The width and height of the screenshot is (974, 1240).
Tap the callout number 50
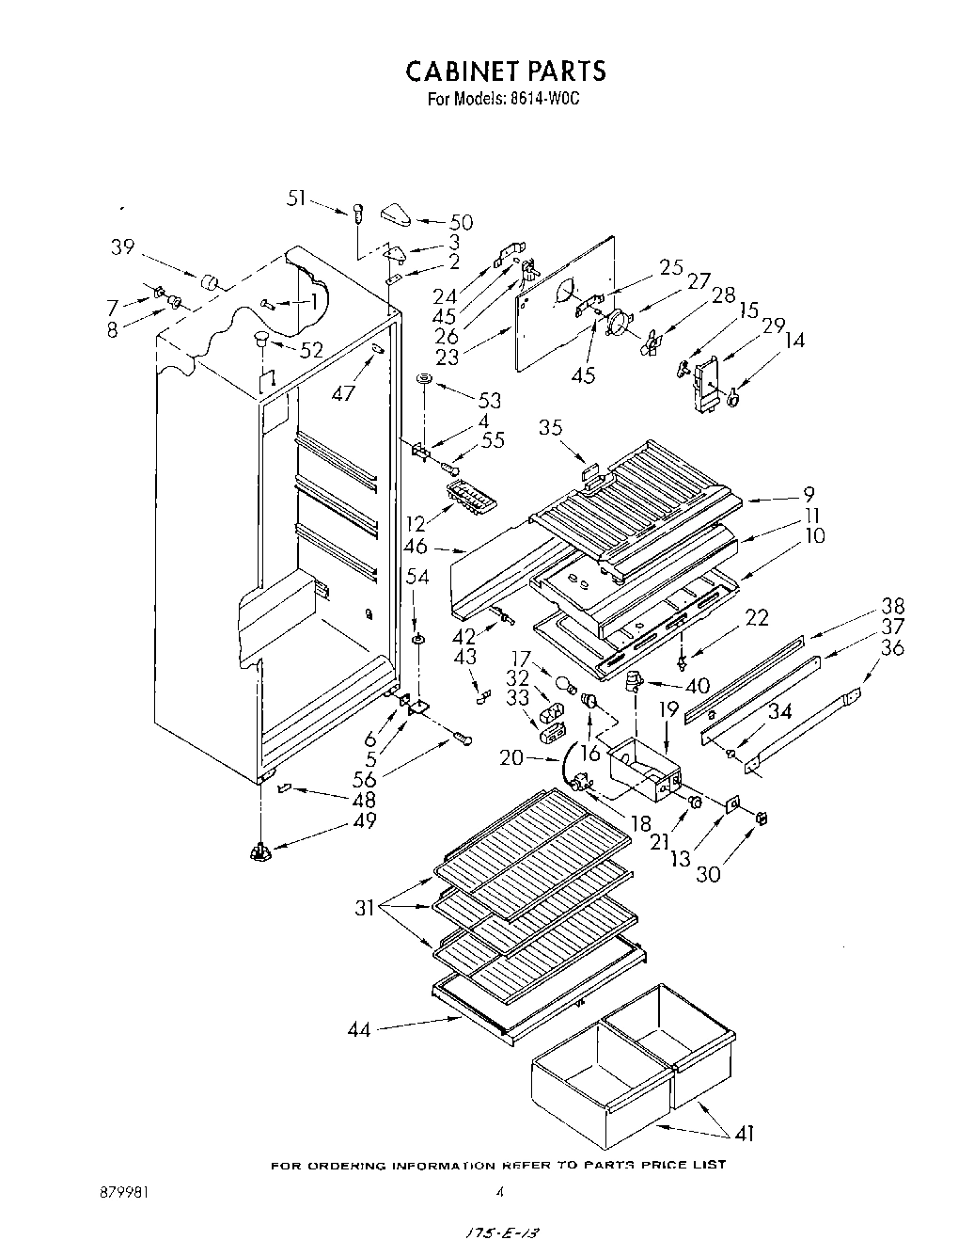pyautogui.click(x=461, y=223)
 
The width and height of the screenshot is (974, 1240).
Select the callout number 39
pyautogui.click(x=122, y=246)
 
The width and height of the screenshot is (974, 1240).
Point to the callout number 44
pyautogui.click(x=358, y=1030)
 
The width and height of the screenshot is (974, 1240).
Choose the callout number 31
pyautogui.click(x=367, y=909)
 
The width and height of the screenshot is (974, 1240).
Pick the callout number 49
pyautogui.click(x=365, y=820)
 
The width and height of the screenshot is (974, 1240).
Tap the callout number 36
pyautogui.click(x=893, y=648)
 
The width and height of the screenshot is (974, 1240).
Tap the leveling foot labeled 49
pyautogui.click(x=259, y=852)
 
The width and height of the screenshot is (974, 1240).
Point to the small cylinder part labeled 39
pyautogui.click(x=209, y=282)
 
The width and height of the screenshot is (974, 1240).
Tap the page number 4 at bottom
pyautogui.click(x=499, y=1192)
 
